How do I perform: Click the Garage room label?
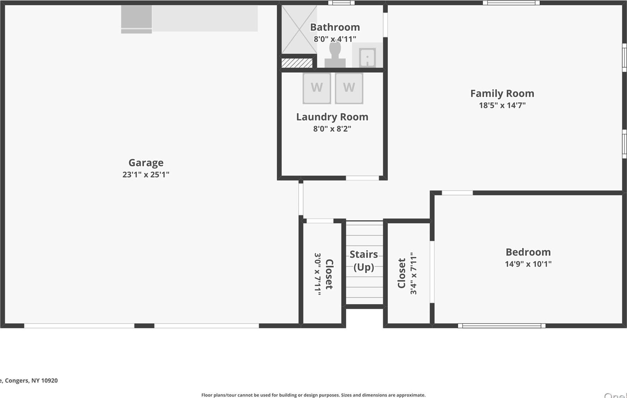146,163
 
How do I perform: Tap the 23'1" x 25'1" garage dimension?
146,175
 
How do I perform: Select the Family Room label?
502,94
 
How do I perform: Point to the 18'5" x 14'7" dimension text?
502,105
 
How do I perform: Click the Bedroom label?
528,252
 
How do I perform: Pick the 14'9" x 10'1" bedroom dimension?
528,264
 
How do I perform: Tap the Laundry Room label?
332,117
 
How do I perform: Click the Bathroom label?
335,27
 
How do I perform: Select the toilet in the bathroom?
335,55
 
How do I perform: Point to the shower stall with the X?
299,30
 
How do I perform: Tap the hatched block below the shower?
297,63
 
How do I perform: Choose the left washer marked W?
317,88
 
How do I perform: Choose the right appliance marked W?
349,88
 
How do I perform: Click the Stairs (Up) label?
364,261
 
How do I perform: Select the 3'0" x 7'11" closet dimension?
318,274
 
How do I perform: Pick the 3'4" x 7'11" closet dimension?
413,273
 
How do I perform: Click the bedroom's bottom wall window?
501,326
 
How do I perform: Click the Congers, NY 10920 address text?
30,380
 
